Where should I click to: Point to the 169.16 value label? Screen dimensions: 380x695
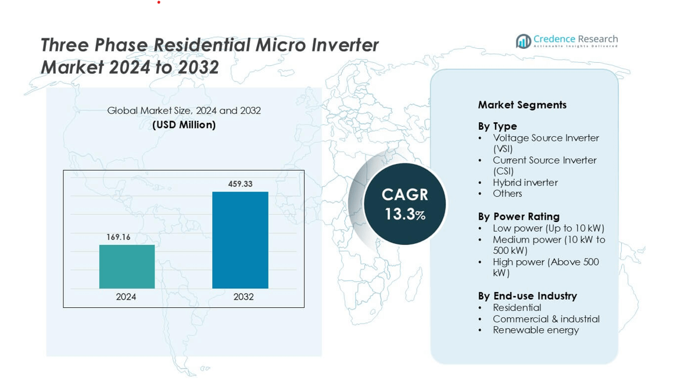(119, 237)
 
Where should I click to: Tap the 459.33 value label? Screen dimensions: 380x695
(240, 184)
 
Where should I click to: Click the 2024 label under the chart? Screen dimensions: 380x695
(126, 297)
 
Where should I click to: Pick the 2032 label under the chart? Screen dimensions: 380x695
(243, 297)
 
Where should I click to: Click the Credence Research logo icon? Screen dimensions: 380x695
(524, 41)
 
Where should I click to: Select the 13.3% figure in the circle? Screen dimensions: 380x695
(405, 214)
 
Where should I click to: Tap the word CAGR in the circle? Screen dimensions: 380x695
(405, 194)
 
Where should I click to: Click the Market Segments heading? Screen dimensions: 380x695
(522, 105)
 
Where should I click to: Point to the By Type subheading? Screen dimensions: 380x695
(497, 126)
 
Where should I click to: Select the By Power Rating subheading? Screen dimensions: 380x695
(518, 216)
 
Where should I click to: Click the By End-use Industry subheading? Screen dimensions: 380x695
(527, 296)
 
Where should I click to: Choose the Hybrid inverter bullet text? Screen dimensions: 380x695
(525, 182)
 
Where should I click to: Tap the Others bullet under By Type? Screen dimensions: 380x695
(507, 193)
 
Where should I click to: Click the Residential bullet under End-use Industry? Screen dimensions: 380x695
(517, 307)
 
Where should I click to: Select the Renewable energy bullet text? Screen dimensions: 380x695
(536, 330)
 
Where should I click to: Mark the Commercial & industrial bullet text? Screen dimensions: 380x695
(546, 319)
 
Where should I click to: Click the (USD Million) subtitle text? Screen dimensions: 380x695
(184, 125)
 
